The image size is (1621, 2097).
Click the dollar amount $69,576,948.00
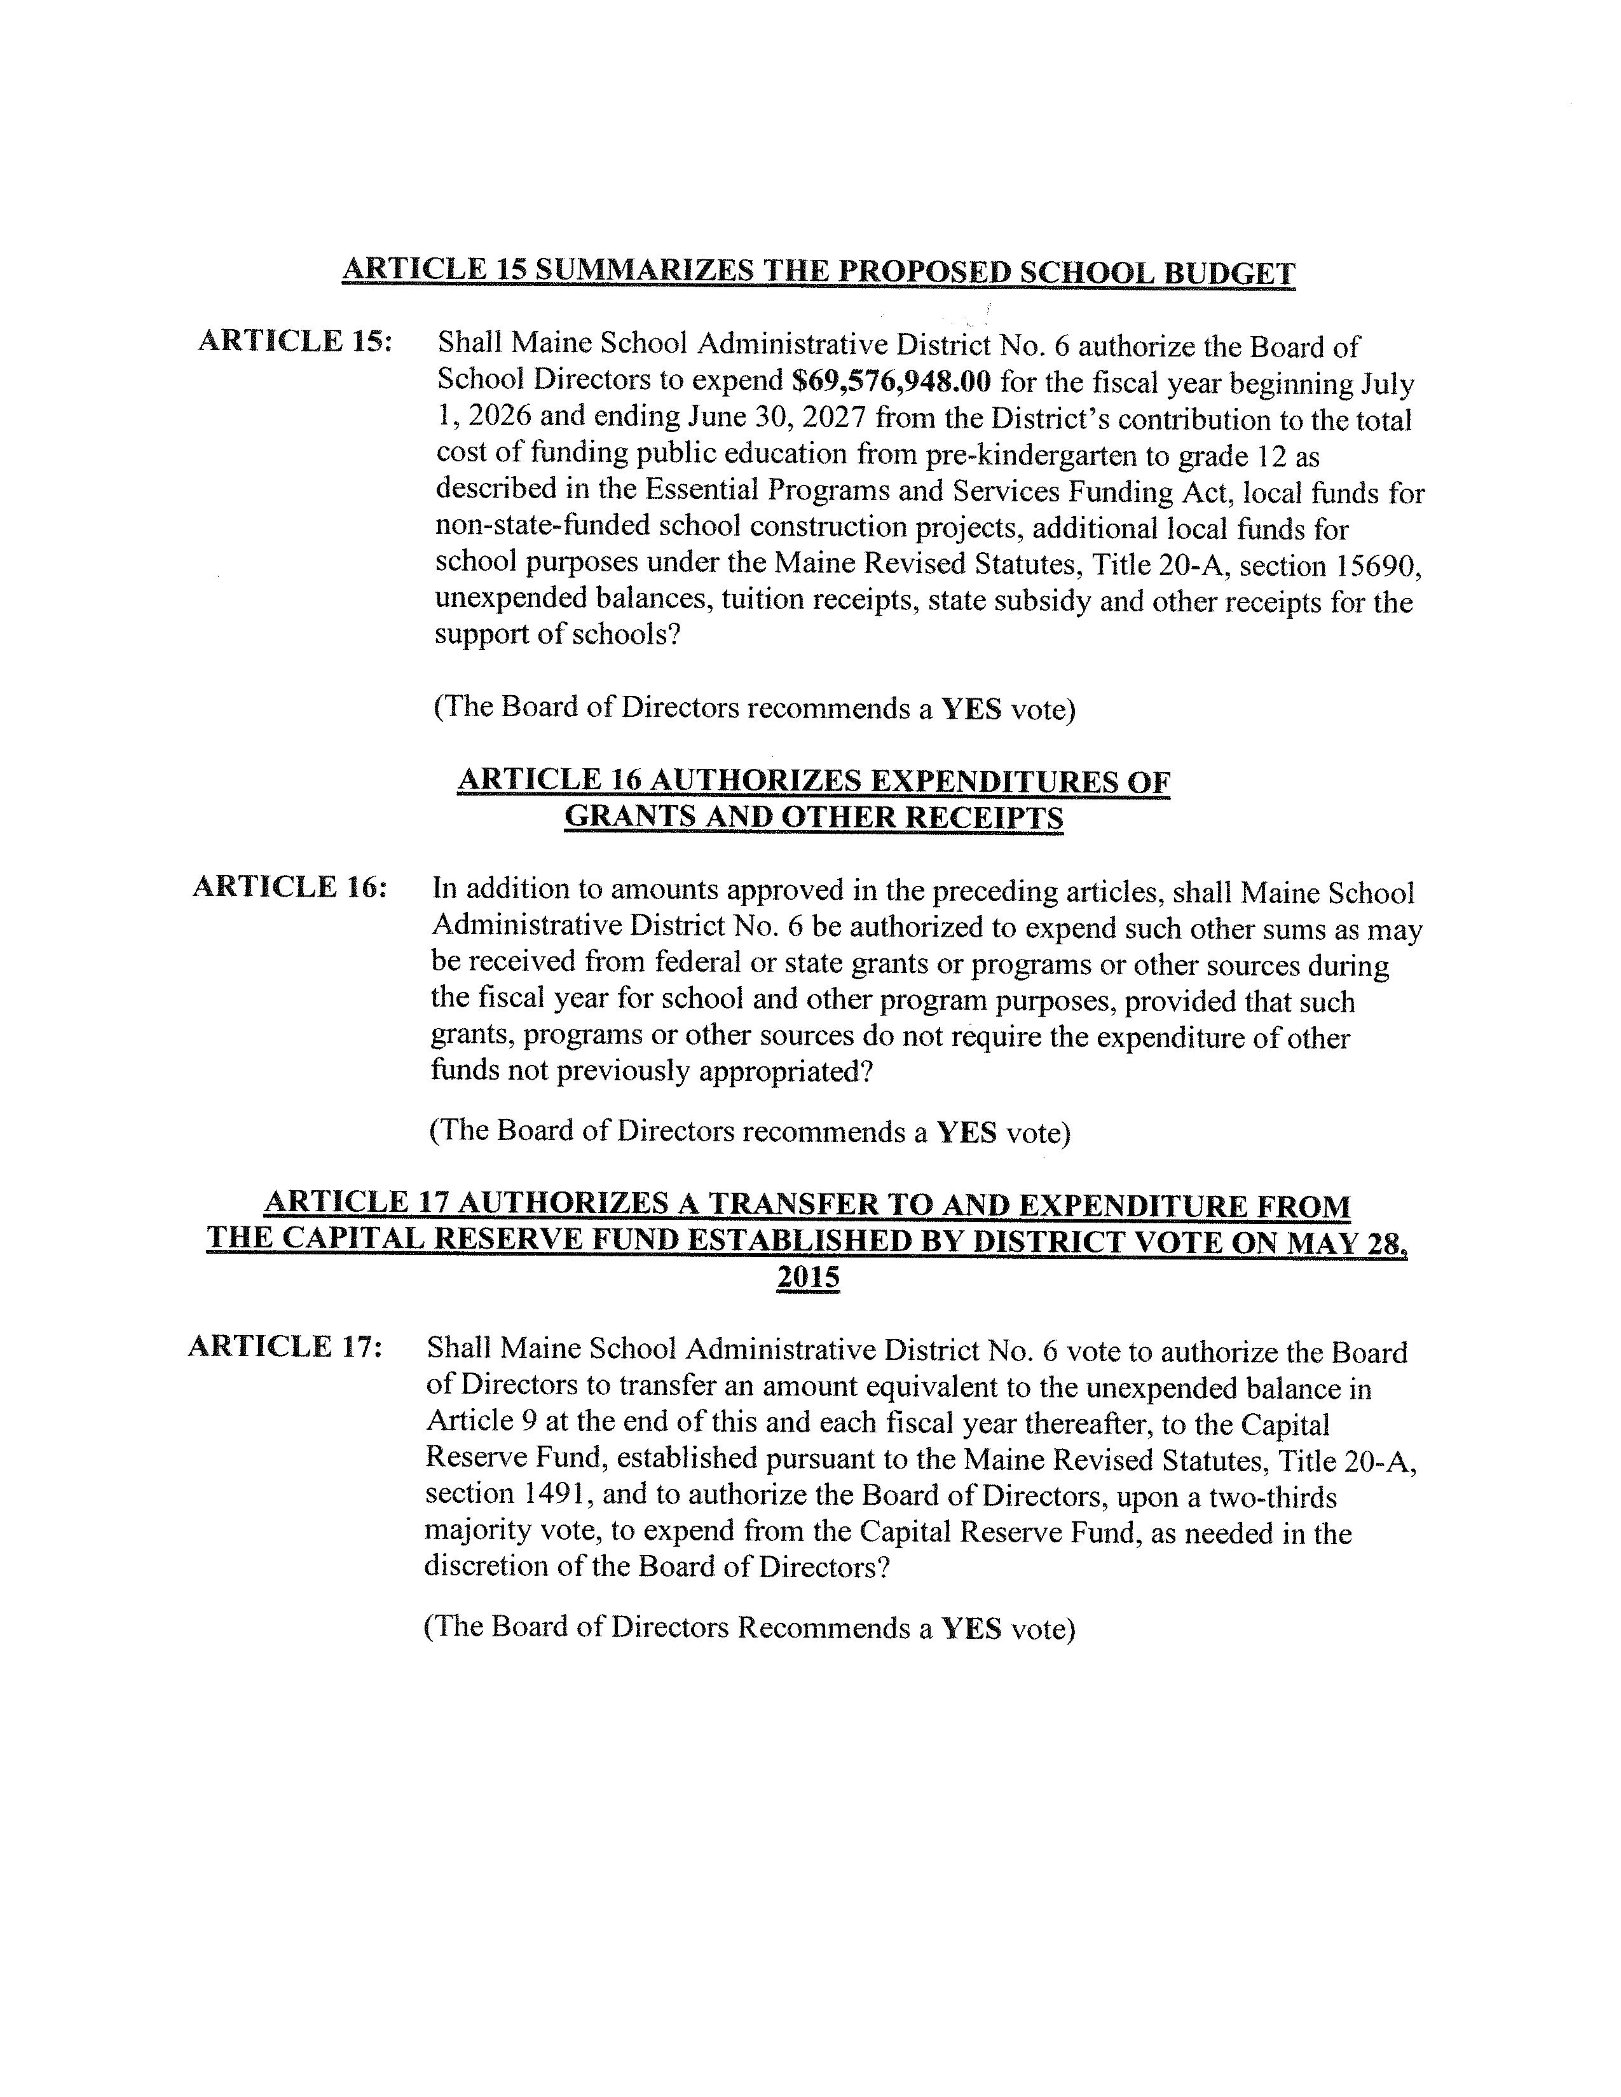[891, 381]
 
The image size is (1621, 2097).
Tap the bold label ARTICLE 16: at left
[290, 887]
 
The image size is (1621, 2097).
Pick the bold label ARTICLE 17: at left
[285, 1347]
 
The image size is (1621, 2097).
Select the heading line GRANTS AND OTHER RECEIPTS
[814, 817]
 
